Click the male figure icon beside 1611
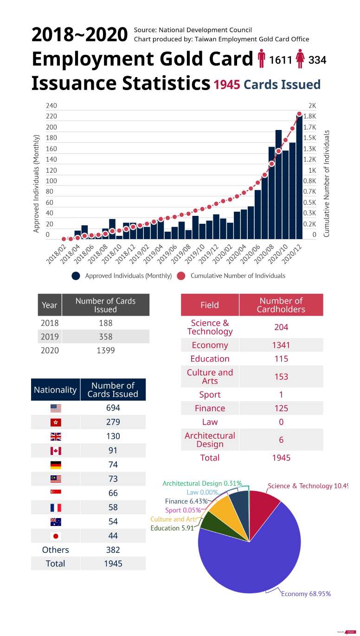(262, 59)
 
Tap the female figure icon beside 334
(300, 59)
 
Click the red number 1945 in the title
(227, 85)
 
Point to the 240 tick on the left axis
(51, 106)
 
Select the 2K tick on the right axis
(312, 106)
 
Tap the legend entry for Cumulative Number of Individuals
(238, 276)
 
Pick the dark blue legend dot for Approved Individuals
(76, 276)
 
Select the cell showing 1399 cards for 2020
(105, 350)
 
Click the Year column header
(50, 305)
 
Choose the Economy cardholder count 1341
(281, 345)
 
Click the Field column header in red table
(210, 305)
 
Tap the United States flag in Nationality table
(56, 408)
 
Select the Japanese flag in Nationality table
(56, 536)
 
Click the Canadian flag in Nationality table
(56, 451)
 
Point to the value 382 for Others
(113, 550)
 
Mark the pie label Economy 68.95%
(306, 594)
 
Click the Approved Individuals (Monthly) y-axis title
(37, 183)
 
